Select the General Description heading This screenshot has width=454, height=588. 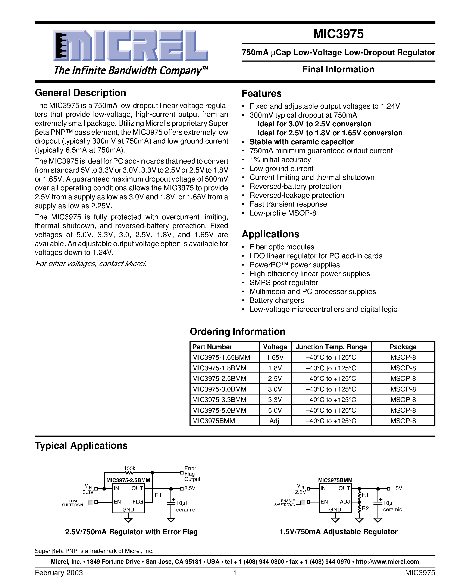click(x=80, y=93)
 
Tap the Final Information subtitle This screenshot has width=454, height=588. click(x=338, y=69)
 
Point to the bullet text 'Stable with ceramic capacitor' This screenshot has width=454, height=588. click(x=301, y=142)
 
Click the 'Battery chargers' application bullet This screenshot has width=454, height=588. click(x=276, y=300)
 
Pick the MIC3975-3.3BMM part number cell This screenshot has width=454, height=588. click(x=219, y=400)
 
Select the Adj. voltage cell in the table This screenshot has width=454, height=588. click(x=275, y=421)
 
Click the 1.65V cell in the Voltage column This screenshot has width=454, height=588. click(x=275, y=358)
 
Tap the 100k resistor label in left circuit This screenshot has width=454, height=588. click(x=129, y=468)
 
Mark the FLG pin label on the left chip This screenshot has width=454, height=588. click(x=137, y=502)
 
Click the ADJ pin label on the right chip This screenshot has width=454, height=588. click(x=345, y=502)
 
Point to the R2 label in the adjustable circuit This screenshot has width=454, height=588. click(x=365, y=508)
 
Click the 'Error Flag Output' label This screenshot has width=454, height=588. click(x=192, y=474)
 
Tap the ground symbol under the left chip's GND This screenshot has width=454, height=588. click(x=128, y=520)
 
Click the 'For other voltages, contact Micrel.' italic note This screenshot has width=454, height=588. click(x=91, y=264)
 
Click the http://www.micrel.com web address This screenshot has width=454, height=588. click(x=387, y=562)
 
